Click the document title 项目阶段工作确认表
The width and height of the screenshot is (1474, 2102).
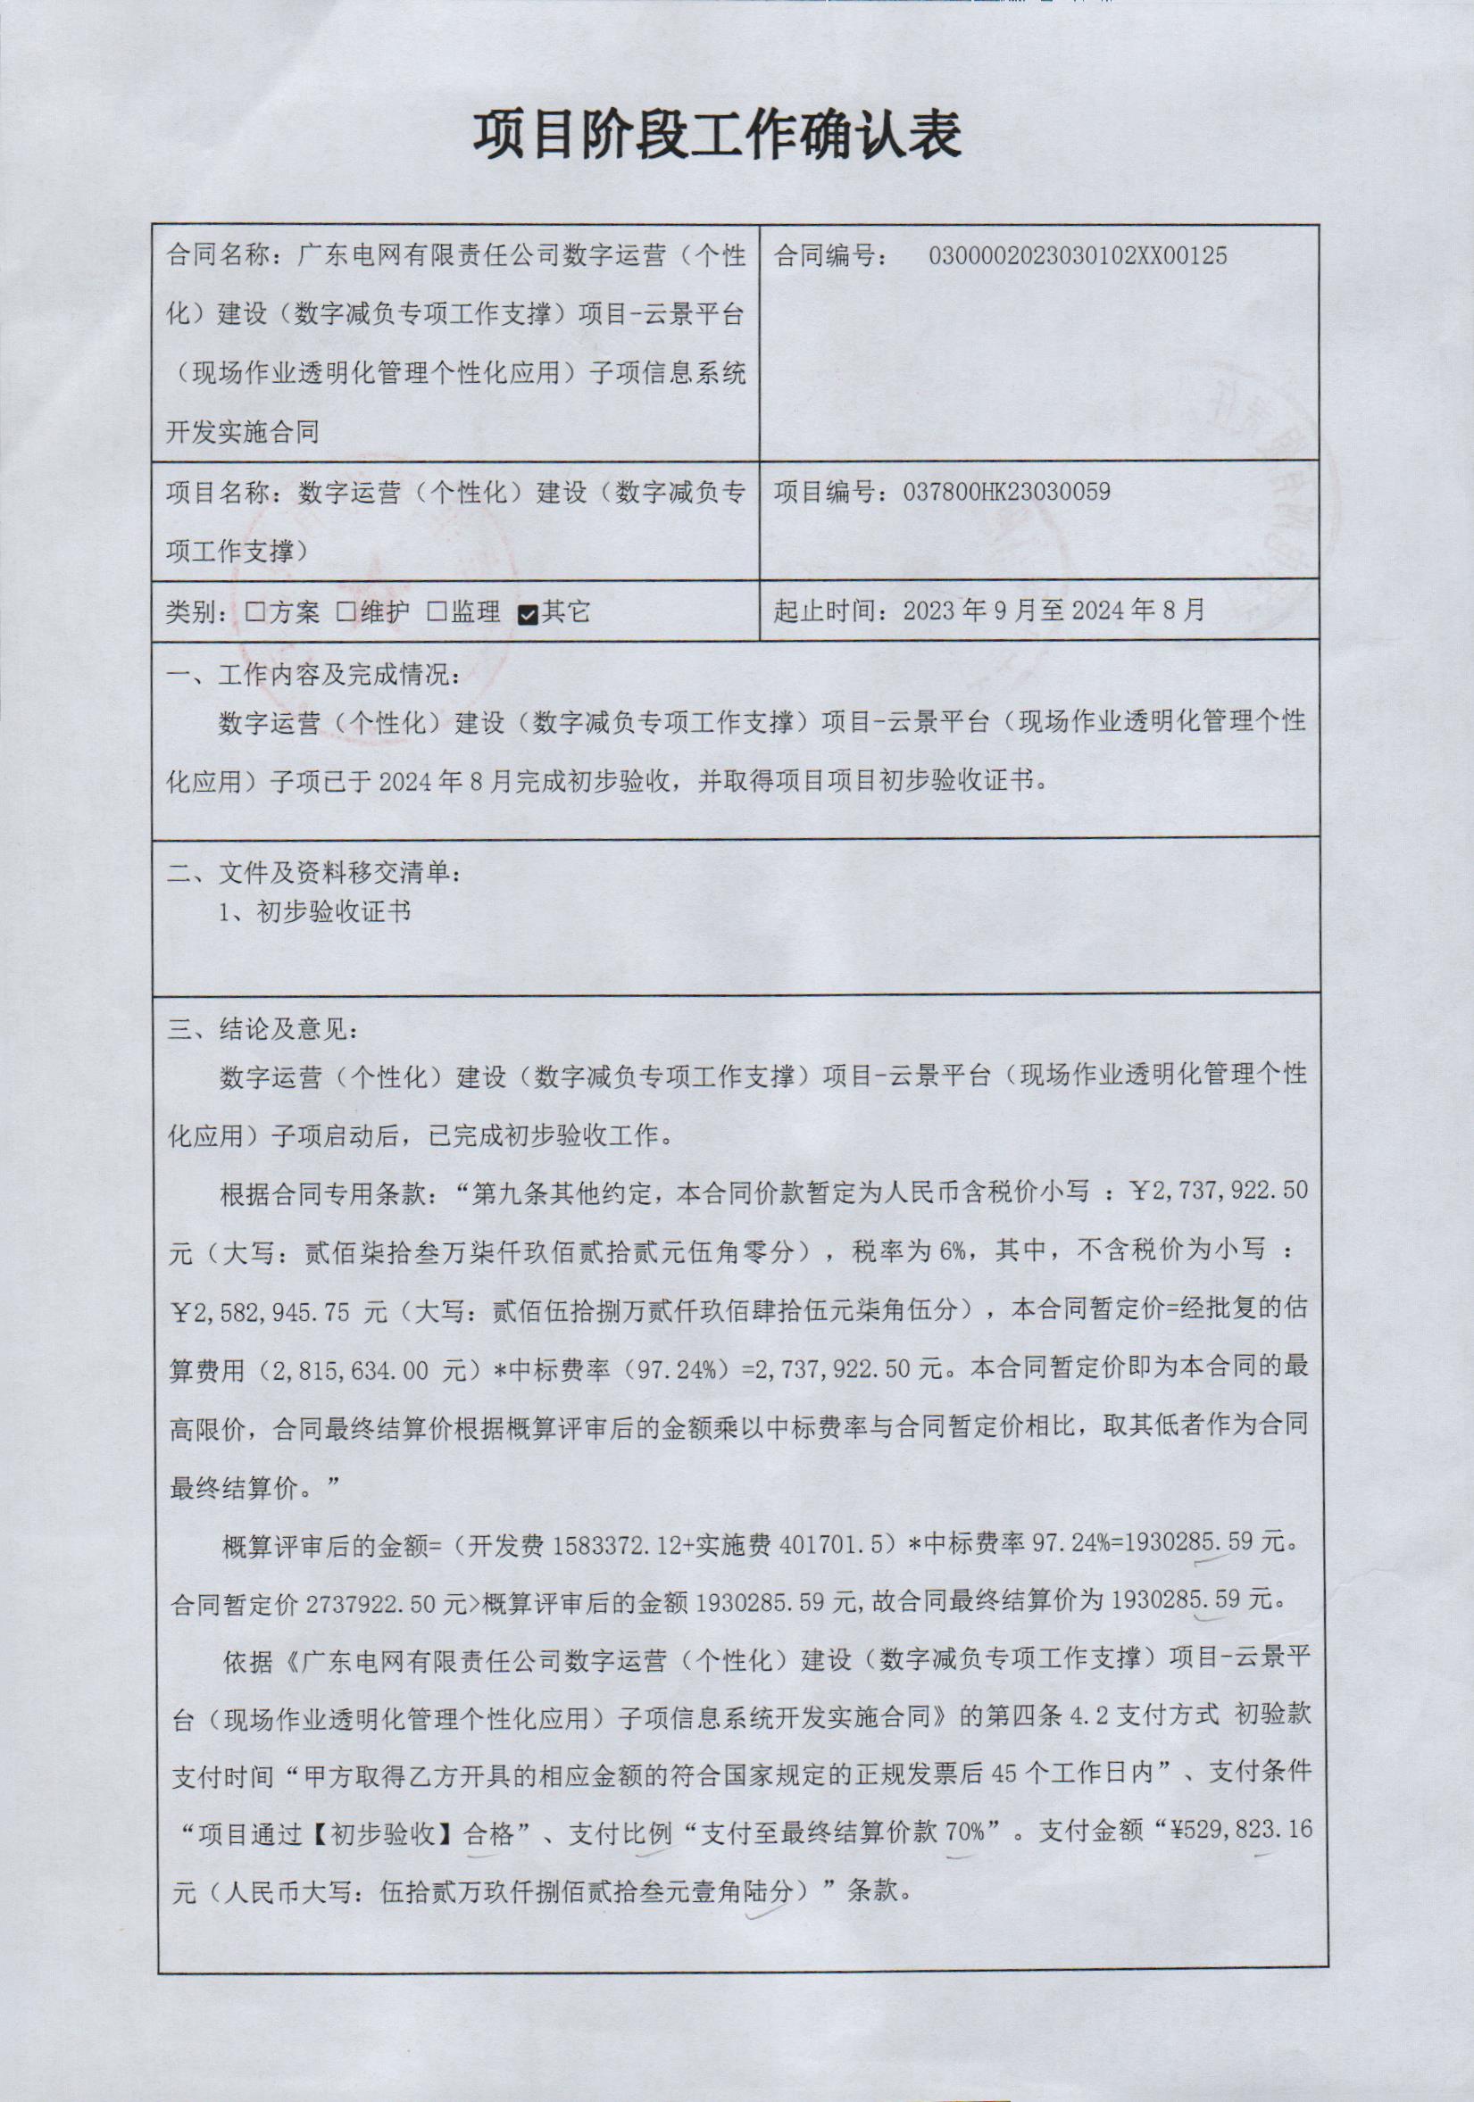coord(717,137)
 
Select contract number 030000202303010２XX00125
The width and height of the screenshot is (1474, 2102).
coord(1078,255)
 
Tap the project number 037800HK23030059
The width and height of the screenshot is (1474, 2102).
coord(1006,493)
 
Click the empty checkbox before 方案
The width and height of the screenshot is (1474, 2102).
coord(254,612)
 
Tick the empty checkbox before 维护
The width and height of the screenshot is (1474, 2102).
coord(346,612)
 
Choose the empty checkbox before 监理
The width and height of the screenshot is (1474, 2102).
coord(437,612)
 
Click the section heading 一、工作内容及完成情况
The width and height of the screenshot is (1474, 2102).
coord(313,677)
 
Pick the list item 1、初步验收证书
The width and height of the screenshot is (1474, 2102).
coord(314,912)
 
